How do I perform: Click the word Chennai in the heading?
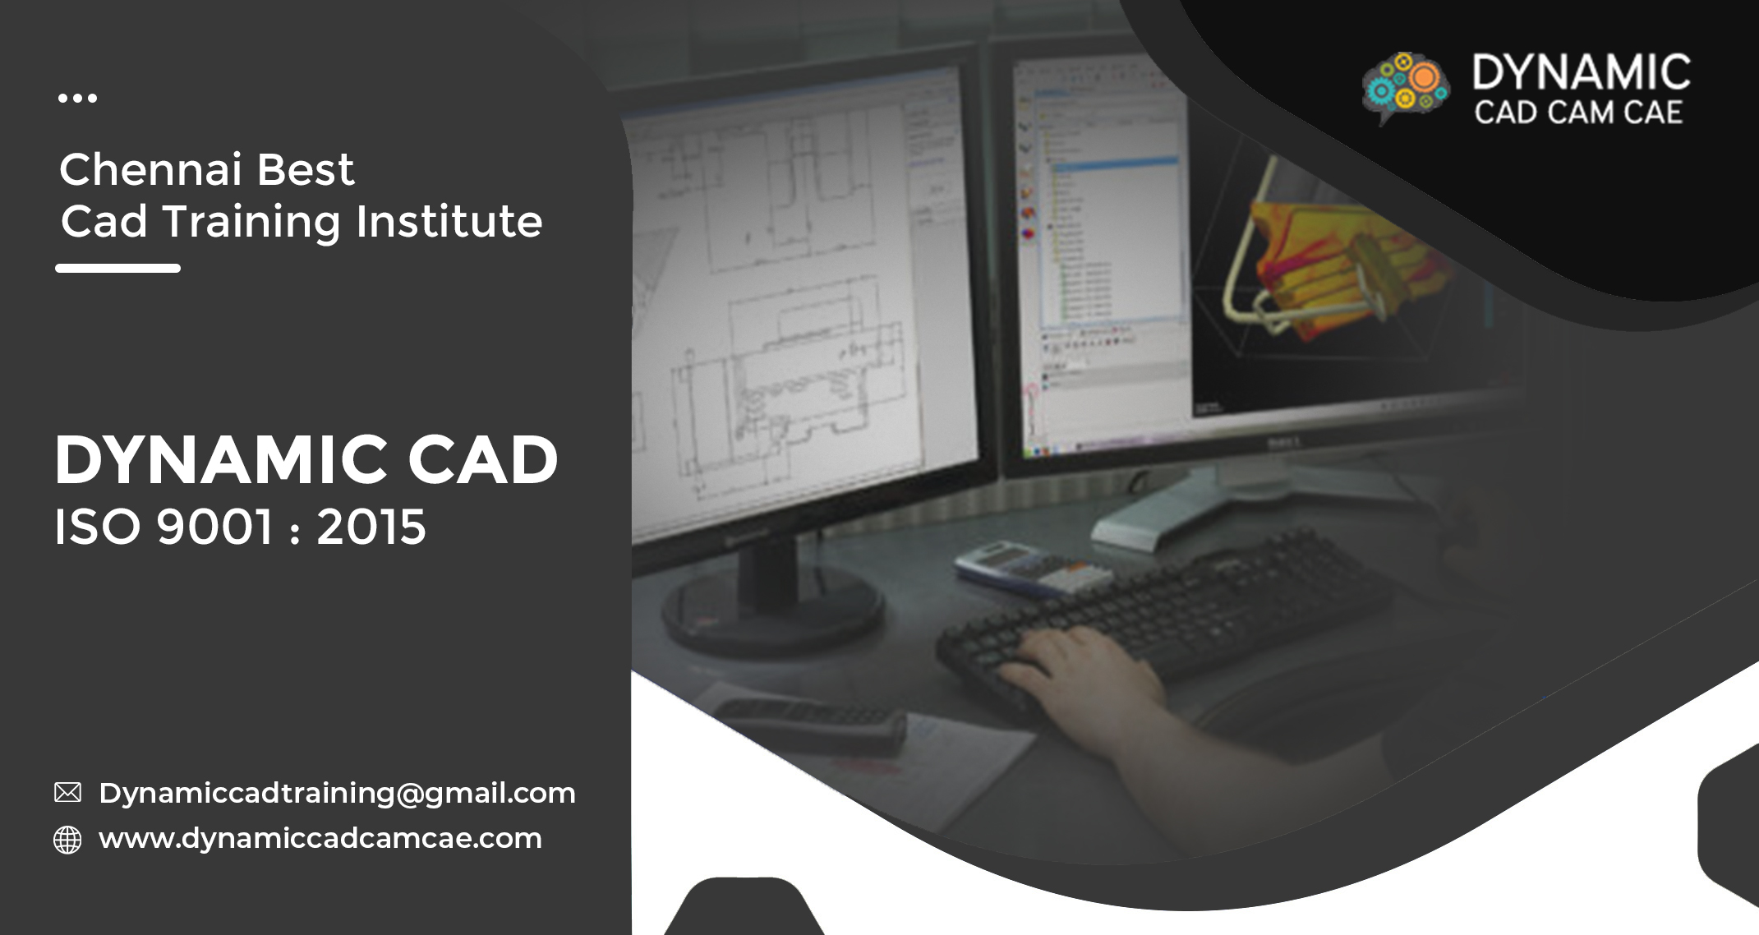[150, 169]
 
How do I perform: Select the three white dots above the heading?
[77, 99]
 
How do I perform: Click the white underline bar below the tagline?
[117, 268]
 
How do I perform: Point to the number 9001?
[214, 527]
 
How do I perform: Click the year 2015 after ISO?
[371, 527]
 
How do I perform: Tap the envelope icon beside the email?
[67, 792]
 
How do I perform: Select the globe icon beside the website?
[67, 840]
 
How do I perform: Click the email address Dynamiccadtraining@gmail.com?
[337, 794]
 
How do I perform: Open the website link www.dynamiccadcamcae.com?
[320, 839]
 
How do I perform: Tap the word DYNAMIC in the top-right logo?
[1581, 72]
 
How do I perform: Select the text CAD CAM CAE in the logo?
[1578, 113]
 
